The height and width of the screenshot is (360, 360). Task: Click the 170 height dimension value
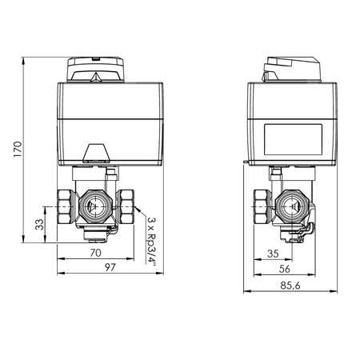click(x=18, y=149)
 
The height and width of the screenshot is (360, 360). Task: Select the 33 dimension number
click(x=39, y=225)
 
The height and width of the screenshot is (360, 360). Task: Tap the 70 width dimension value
click(x=95, y=253)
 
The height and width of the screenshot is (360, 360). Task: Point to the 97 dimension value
click(x=110, y=267)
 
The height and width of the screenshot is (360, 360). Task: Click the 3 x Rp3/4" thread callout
click(x=152, y=242)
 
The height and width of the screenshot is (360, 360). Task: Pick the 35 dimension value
click(x=273, y=254)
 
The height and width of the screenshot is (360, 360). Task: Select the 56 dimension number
click(x=284, y=269)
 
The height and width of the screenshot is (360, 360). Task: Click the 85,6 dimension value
click(x=290, y=286)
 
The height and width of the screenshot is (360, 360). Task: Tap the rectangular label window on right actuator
click(x=293, y=139)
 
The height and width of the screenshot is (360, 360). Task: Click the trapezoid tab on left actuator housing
click(x=96, y=154)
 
